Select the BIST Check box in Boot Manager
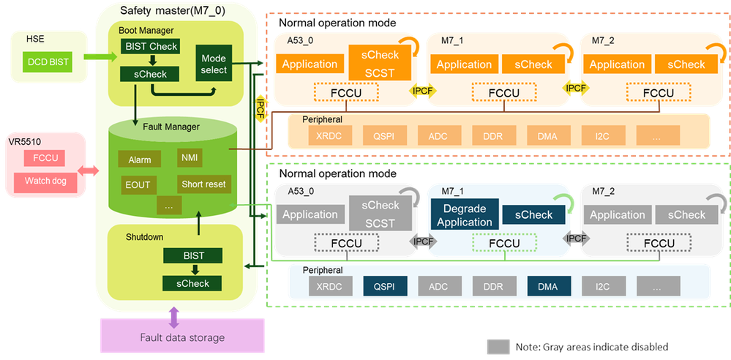[x=149, y=46]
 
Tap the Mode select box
[x=213, y=64]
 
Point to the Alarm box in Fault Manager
[x=139, y=160]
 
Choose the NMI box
[x=189, y=156]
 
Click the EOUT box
[x=138, y=184]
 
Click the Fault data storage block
[x=182, y=337]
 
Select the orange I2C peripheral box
[x=602, y=135]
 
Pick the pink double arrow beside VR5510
[x=90, y=170]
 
